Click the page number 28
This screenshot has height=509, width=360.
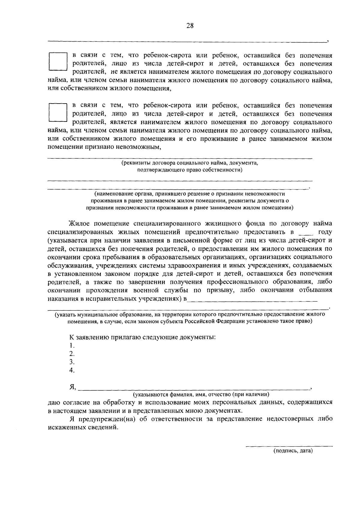click(190, 26)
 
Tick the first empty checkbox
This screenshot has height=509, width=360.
click(57, 62)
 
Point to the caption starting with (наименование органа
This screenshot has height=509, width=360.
click(190, 200)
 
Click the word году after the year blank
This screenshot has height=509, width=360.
click(325, 232)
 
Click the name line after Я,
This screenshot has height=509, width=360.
click(195, 389)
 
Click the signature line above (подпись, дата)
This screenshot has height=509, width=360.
click(289, 446)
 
